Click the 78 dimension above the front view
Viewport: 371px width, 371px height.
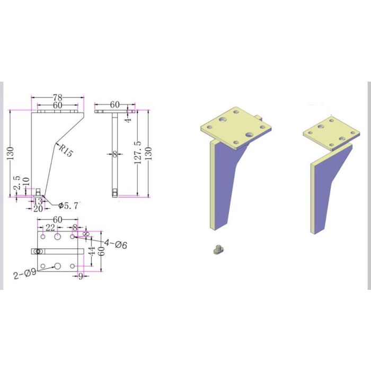click(x=58, y=98)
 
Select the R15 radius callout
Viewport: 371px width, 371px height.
click(x=65, y=151)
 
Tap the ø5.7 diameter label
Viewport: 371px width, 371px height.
click(x=69, y=206)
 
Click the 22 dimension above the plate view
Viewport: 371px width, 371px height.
click(x=50, y=227)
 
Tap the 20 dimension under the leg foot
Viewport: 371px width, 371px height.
click(x=38, y=209)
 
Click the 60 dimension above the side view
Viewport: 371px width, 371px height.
click(x=115, y=105)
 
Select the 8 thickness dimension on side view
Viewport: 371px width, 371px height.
click(x=114, y=154)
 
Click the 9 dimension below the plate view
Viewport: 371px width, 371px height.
click(x=81, y=276)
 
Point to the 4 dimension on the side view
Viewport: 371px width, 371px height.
click(x=127, y=120)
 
